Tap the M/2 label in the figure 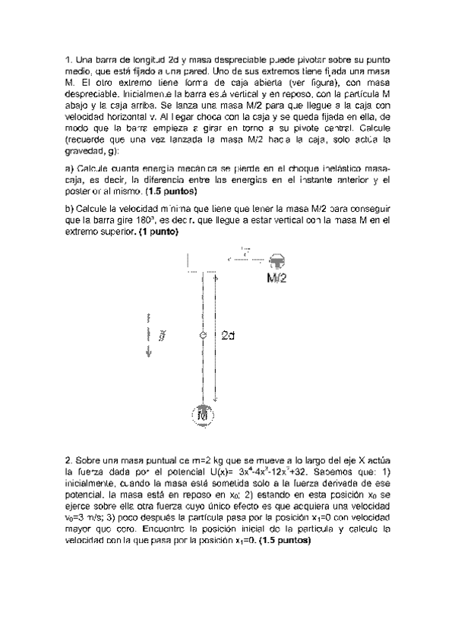tap(277, 279)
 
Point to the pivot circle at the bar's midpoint tap(203, 335)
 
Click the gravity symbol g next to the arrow tap(162, 335)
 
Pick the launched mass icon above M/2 tap(277, 262)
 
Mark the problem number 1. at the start tap(68, 58)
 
